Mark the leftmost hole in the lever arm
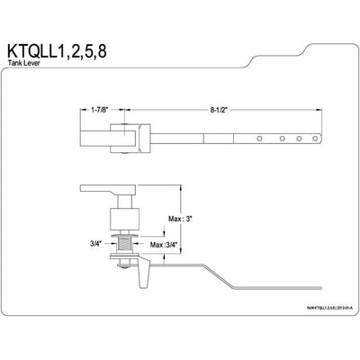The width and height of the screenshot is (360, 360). tap(261, 138)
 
